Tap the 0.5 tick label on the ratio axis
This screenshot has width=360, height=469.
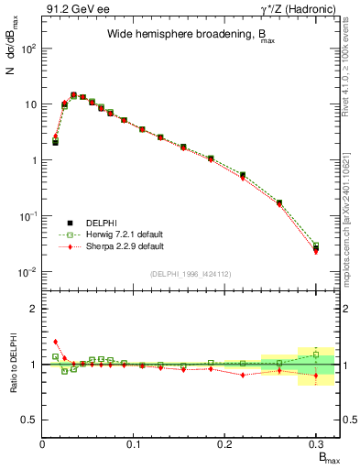coord(29,420)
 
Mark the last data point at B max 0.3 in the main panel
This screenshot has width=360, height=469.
coord(316,248)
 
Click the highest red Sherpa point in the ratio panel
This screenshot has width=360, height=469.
coord(55,342)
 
